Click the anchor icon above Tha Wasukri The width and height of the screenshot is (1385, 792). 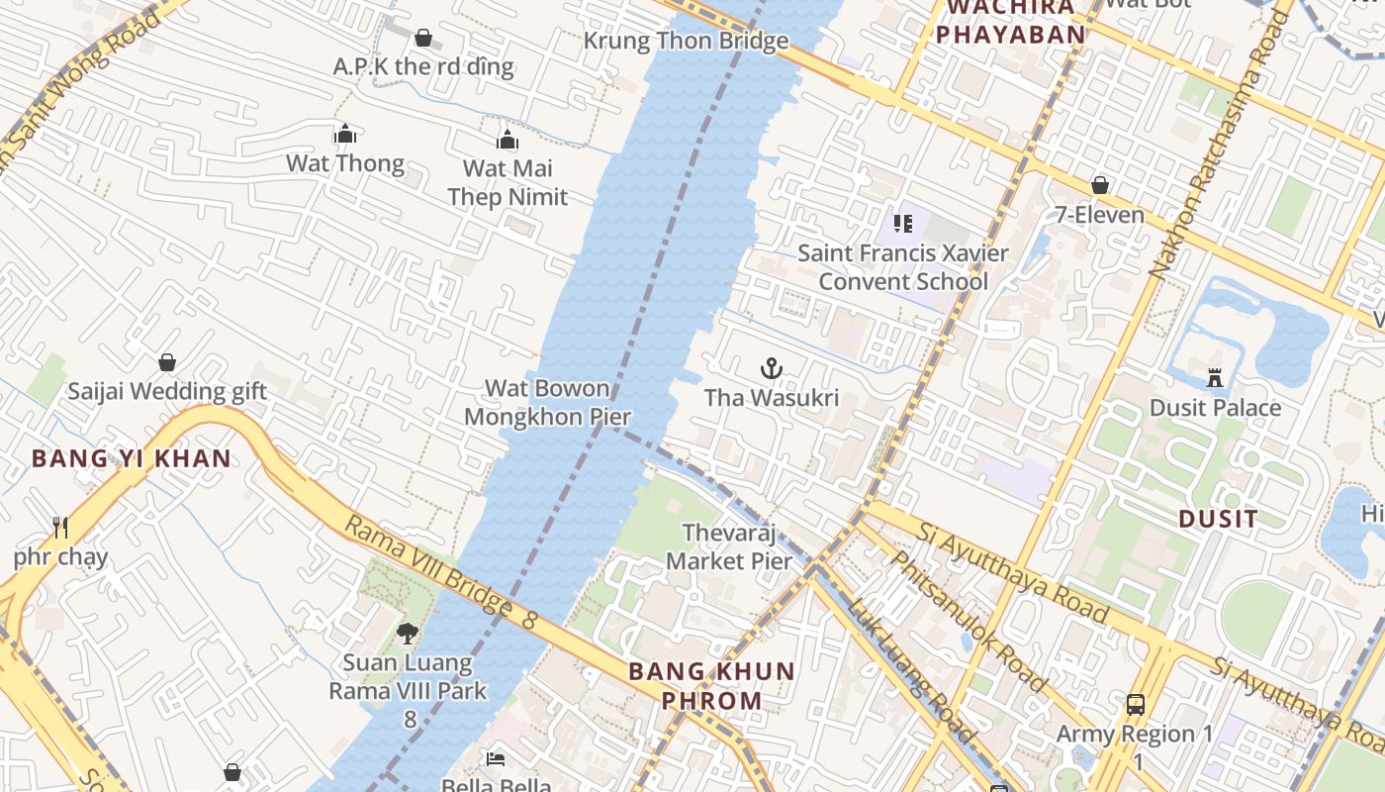(x=771, y=369)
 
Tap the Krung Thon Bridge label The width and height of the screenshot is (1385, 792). (x=686, y=41)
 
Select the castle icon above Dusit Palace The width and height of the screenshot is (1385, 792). (x=1215, y=377)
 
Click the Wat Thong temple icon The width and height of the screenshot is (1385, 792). (x=345, y=134)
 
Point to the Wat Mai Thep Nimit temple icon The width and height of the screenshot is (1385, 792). (x=508, y=140)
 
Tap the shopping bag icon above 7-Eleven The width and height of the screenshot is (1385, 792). (x=1099, y=185)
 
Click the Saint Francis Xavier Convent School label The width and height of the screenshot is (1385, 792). (x=903, y=267)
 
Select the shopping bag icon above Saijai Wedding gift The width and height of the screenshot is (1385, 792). (x=167, y=362)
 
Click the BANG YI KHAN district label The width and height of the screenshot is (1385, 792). (x=132, y=459)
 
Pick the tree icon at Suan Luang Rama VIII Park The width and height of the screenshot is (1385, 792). (x=407, y=633)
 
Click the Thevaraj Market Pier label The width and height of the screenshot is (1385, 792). (x=729, y=547)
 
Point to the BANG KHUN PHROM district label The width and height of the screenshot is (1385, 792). (x=712, y=686)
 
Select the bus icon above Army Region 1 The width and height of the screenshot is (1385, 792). (x=1136, y=705)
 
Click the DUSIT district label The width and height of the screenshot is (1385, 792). (x=1219, y=519)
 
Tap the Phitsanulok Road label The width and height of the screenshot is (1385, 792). (x=969, y=621)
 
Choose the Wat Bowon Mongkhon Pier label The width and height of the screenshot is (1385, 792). (x=547, y=403)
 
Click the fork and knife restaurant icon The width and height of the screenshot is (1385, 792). (x=61, y=528)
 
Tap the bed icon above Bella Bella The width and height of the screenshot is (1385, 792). (x=496, y=758)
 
